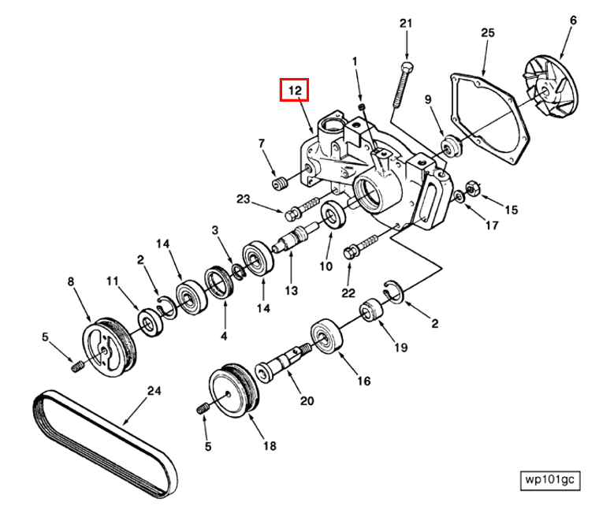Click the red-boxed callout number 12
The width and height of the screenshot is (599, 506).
(x=295, y=91)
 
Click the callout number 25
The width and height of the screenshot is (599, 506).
(x=487, y=32)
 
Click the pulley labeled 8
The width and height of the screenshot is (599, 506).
(x=108, y=345)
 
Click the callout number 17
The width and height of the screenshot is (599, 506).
(x=492, y=225)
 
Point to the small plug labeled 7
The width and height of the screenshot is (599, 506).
(x=278, y=184)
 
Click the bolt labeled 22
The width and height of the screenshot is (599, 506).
(x=352, y=252)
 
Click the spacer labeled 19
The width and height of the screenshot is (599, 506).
(x=370, y=311)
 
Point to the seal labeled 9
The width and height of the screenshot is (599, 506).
(x=452, y=147)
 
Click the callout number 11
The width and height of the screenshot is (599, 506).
(x=113, y=280)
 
